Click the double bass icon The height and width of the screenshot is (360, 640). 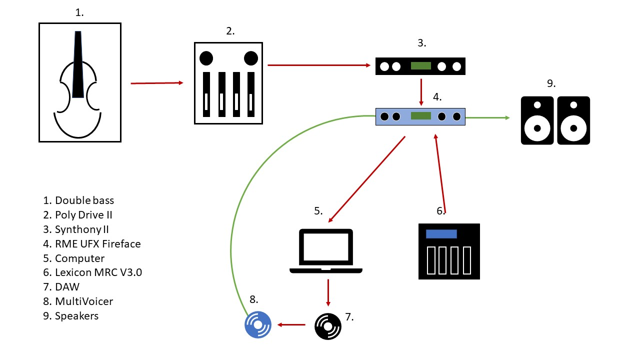pos(80,83)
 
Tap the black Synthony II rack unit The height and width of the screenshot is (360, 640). pos(420,66)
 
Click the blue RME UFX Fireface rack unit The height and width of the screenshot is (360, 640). pos(420,116)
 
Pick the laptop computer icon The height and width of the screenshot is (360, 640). pos(326,251)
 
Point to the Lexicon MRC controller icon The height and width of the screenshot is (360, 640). pos(449,251)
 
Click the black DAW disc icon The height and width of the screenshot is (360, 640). pos(327,326)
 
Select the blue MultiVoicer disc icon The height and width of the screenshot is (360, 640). pos(257,325)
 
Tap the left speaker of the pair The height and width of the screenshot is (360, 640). pos(537,120)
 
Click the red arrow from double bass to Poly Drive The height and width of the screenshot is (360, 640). pos(157,83)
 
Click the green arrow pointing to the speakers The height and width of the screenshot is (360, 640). pos(487,117)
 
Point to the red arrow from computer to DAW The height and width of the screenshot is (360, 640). pos(328,292)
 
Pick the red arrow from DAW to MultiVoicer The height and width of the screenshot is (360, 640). pos(291,325)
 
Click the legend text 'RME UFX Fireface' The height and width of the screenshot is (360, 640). pos(97,244)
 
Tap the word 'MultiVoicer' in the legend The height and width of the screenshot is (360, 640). pos(84,301)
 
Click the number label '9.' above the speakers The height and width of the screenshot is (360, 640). pos(551,83)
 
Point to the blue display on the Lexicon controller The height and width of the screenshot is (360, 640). pos(441,234)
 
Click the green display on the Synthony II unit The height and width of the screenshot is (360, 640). pos(420,66)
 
